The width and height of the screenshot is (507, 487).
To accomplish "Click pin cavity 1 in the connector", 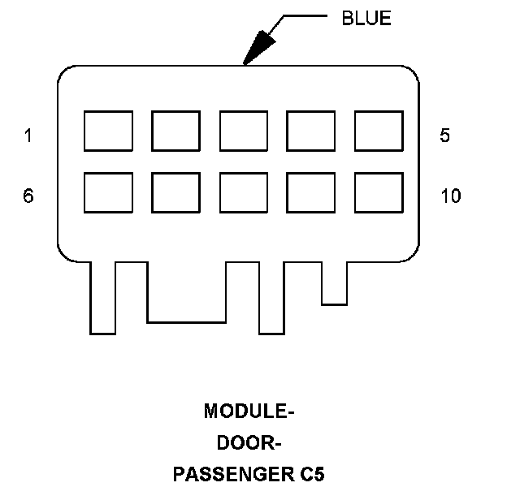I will pyautogui.click(x=109, y=131).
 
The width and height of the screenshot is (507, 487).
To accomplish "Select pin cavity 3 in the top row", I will pyautogui.click(x=244, y=131).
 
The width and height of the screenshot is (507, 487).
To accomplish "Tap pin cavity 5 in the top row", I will pyautogui.click(x=379, y=131).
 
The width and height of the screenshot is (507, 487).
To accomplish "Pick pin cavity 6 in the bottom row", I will pyautogui.click(x=109, y=192).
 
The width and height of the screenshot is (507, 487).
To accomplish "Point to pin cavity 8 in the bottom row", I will pyautogui.click(x=244, y=192).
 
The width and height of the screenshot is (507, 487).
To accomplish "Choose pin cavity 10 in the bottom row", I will pyautogui.click(x=379, y=192).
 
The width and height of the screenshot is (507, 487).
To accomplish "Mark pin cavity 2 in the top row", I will pyautogui.click(x=176, y=131).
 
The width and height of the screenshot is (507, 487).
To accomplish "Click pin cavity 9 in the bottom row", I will pyautogui.click(x=311, y=192).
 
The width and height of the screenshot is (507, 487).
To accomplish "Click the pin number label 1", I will pyautogui.click(x=28, y=136).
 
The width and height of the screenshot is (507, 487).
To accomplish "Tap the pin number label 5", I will pyautogui.click(x=444, y=136).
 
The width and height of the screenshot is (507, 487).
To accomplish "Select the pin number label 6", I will pyautogui.click(x=28, y=196).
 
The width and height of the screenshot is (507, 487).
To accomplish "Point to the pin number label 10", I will pyautogui.click(x=450, y=196).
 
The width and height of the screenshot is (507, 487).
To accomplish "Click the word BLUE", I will pyautogui.click(x=366, y=19).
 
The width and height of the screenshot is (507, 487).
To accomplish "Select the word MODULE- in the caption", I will pyautogui.click(x=249, y=412).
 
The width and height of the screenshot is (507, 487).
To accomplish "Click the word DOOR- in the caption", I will pyautogui.click(x=249, y=443).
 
